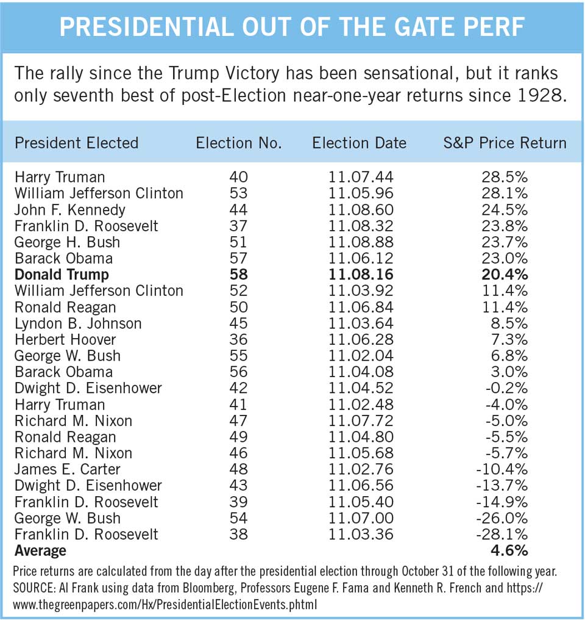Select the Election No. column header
click(239, 143)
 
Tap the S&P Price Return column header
click(505, 143)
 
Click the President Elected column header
click(77, 143)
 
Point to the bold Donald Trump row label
click(62, 275)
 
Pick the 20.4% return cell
click(505, 275)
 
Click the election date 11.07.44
click(361, 177)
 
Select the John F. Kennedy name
click(70, 209)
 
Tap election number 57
click(238, 258)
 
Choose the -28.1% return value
click(502, 534)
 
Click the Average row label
click(40, 550)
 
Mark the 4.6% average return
click(509, 550)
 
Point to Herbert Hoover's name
click(65, 339)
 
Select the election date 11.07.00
click(361, 518)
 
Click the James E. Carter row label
click(67, 469)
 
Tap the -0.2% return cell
click(506, 388)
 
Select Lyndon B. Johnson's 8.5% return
click(509, 323)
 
